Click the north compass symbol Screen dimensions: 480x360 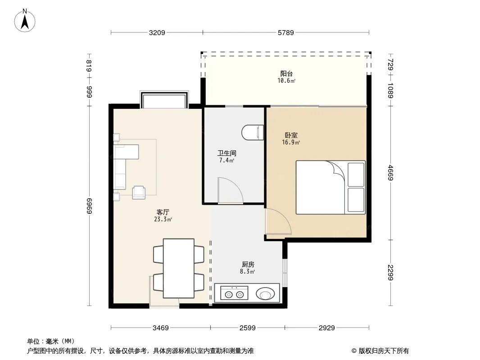coord(25,21)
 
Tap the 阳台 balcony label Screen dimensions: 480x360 coord(286,73)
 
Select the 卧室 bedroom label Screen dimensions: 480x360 coord(291,135)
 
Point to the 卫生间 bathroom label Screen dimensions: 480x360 coord(227,153)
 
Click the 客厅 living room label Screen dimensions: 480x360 coord(163,212)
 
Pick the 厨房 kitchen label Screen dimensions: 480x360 coord(248,264)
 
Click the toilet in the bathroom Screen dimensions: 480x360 coord(253,132)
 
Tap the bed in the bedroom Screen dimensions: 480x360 coord(331,187)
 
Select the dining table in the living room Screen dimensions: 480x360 coord(178,268)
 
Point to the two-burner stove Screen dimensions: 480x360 coord(234,293)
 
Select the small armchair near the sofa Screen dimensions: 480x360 coord(139,193)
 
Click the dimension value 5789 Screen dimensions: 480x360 coord(285,32)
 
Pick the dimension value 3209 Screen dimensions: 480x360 coord(157,32)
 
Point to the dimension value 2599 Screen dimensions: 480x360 coord(247,328)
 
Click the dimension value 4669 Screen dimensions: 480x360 coord(390,172)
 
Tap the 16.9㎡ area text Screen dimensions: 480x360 coord(291,142)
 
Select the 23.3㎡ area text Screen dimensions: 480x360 coord(163,219)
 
